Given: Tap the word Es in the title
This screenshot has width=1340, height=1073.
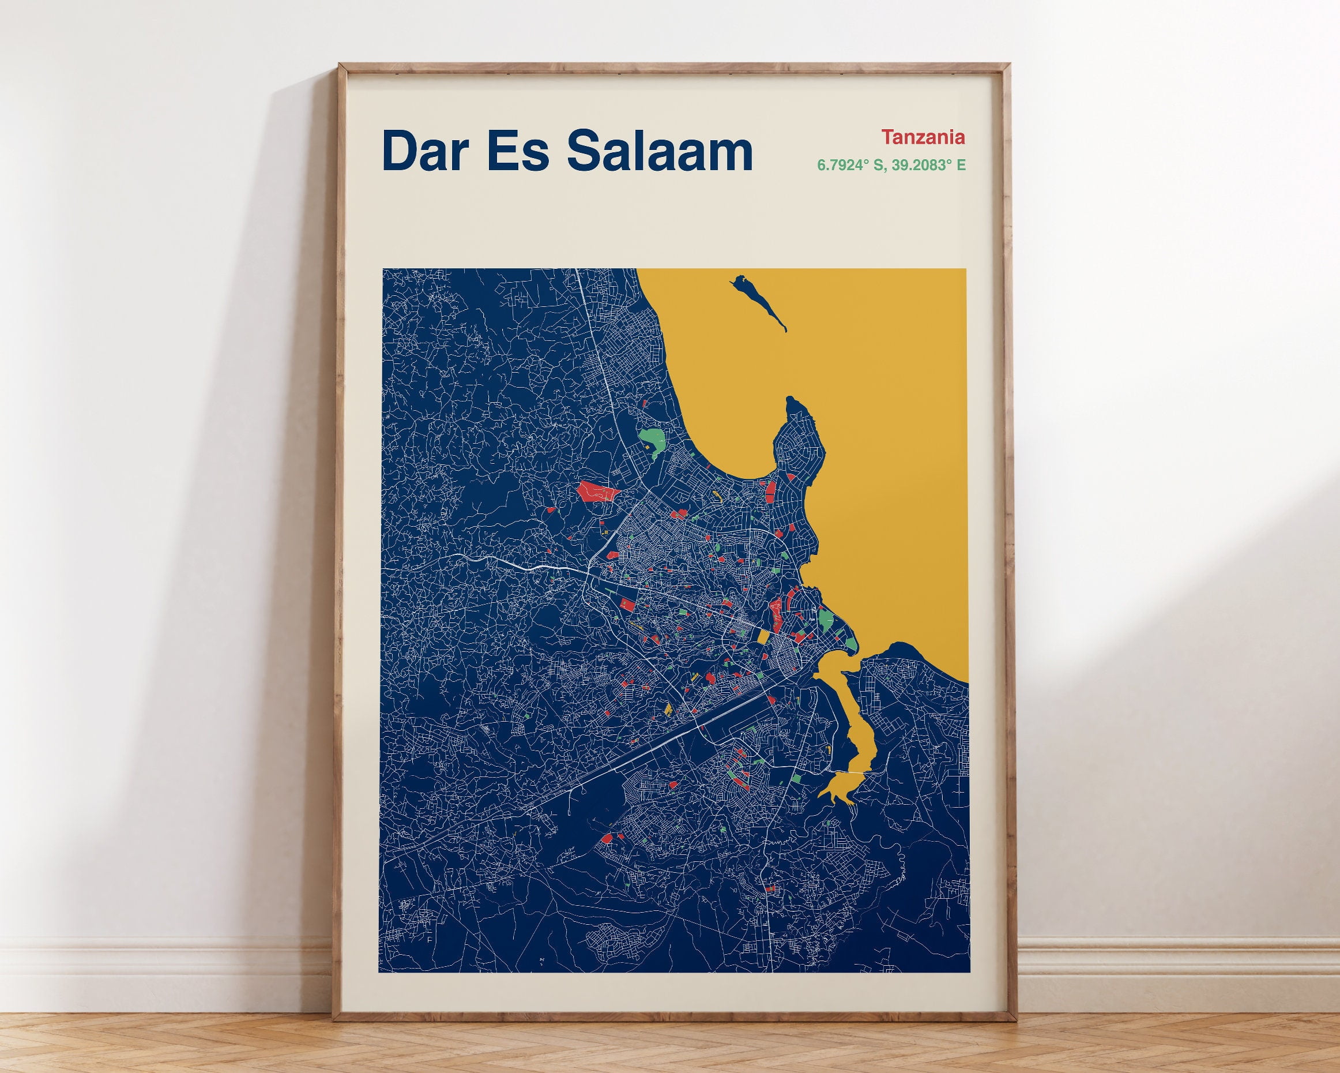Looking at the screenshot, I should pos(518,151).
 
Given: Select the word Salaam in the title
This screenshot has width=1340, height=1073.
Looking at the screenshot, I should pos(660,151).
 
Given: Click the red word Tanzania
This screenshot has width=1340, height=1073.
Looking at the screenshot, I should pos(923,137).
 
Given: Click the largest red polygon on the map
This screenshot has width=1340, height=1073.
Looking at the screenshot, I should pos(597,492).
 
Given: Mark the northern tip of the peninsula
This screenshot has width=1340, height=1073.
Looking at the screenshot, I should pos(791,401).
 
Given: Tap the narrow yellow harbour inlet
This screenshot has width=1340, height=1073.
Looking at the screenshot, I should pos(855,727).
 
